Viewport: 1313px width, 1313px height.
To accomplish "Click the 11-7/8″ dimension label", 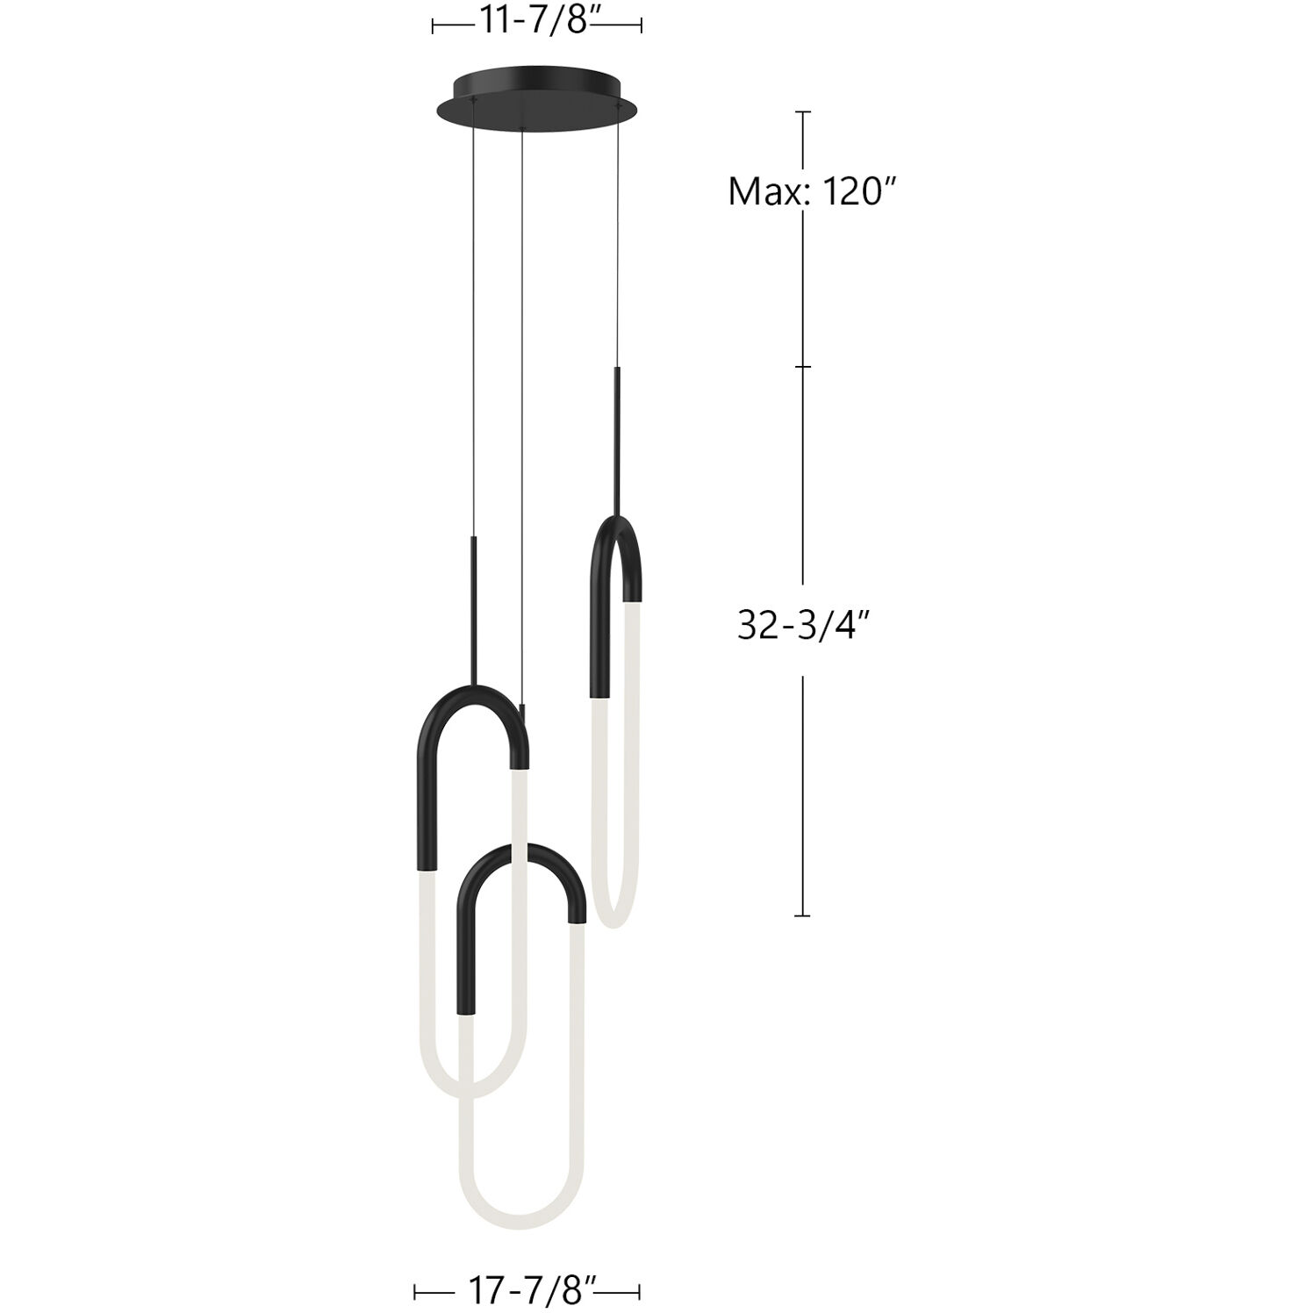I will (535, 21).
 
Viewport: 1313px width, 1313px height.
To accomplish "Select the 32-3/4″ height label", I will (803, 627).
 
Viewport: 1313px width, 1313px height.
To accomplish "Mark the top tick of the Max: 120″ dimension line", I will (803, 112).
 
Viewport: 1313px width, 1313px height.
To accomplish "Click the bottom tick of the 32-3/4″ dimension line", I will (803, 915).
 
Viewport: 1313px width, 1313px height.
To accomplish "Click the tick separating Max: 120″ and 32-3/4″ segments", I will (803, 367).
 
